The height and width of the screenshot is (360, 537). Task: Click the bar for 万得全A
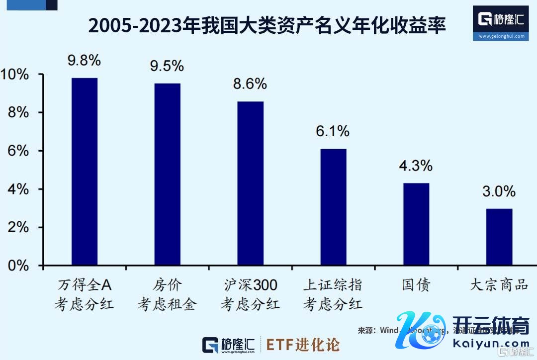coord(85,172)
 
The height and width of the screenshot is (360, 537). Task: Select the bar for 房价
coord(168,174)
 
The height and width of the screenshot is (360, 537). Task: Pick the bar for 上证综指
coord(333,207)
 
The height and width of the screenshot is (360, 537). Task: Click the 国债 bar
coord(416,224)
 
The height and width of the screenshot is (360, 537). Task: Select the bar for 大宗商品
coord(499,237)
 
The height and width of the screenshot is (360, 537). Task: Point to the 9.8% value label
coord(85,61)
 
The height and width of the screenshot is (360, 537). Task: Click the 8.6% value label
coord(250,84)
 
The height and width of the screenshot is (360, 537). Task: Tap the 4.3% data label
coord(416,166)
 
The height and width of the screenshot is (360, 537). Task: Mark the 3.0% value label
coord(499,191)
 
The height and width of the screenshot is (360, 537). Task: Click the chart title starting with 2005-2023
coord(267,25)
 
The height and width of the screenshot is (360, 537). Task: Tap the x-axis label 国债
coord(416,285)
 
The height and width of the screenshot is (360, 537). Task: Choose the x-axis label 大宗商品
coord(499,285)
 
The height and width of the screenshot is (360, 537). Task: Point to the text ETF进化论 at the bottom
coord(303,345)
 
